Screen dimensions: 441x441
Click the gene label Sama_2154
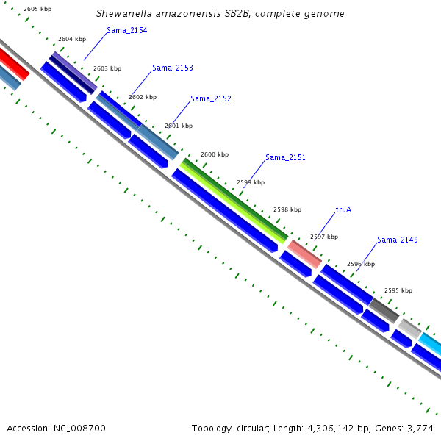126,30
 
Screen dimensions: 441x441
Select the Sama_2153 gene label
173,68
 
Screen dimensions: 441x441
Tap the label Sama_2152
211,98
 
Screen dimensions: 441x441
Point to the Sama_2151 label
285,157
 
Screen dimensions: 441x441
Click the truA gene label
343,209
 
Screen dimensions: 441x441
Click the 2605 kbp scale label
37,9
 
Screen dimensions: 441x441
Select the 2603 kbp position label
107,68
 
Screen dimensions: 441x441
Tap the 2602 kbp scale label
143,97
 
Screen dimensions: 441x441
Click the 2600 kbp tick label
215,154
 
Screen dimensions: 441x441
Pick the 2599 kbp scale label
251,182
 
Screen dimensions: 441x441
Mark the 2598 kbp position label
287,209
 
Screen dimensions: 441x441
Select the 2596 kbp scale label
360,264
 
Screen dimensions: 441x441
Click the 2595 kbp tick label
398,290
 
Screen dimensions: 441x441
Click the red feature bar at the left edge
13,64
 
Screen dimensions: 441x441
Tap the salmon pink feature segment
304,254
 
